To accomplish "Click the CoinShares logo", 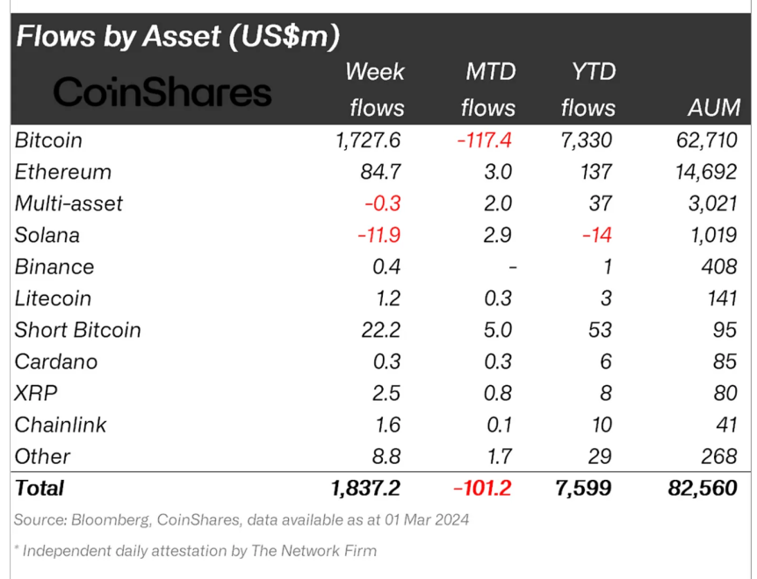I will click(162, 91).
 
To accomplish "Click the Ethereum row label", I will click(63, 172).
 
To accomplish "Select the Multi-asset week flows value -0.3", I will click(382, 204).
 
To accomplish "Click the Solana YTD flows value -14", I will click(596, 235).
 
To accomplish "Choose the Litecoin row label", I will click(53, 298).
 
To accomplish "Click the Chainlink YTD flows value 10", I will click(602, 425).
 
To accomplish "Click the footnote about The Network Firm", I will click(195, 551).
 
